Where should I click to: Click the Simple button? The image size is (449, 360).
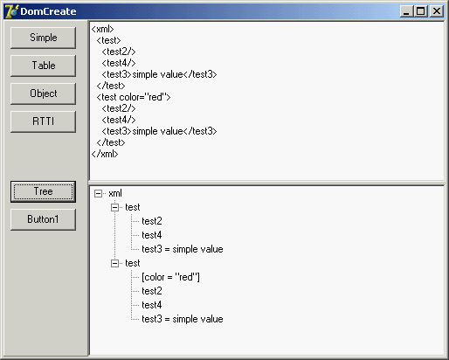(x=43, y=38)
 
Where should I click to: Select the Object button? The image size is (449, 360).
(x=43, y=93)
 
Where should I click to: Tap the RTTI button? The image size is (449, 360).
(x=43, y=121)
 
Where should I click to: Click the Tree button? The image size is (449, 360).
(x=43, y=191)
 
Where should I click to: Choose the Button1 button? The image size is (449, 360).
(x=43, y=219)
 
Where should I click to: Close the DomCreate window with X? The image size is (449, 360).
(x=437, y=11)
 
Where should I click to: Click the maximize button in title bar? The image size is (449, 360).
(x=421, y=11)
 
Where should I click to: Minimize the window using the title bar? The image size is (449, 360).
(x=407, y=11)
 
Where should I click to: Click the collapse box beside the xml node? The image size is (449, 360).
(x=99, y=193)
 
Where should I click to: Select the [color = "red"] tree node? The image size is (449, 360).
(x=170, y=277)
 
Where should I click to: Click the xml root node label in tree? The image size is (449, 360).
(x=115, y=193)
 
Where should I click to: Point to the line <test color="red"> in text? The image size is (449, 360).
(x=134, y=97)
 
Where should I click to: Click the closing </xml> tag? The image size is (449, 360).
(x=105, y=154)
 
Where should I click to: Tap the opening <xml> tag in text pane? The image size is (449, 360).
(x=102, y=29)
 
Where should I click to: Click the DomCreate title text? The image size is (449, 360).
(x=48, y=11)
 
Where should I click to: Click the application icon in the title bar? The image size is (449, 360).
(x=11, y=11)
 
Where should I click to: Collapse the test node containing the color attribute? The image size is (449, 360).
(x=115, y=263)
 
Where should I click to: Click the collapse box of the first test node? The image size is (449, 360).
(x=115, y=207)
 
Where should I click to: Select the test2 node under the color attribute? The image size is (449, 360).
(x=152, y=291)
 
